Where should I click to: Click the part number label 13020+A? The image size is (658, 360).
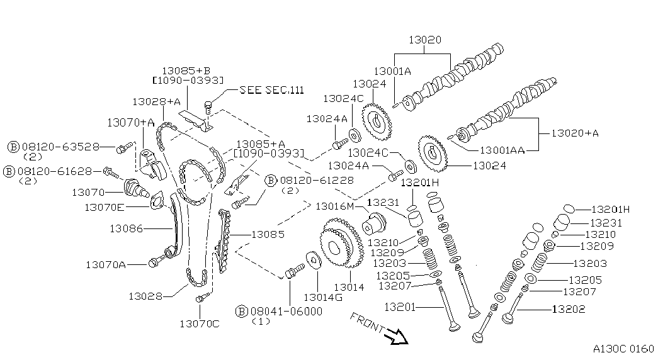(x=575, y=133)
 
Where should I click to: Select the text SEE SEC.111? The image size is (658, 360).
(x=271, y=90)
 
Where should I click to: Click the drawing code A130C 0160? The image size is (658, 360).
(x=623, y=349)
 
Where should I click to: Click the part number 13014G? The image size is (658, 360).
(x=323, y=298)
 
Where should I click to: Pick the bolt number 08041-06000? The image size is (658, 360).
(x=286, y=312)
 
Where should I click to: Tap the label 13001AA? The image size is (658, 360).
(x=502, y=150)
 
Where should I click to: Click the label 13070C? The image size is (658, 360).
(x=200, y=324)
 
